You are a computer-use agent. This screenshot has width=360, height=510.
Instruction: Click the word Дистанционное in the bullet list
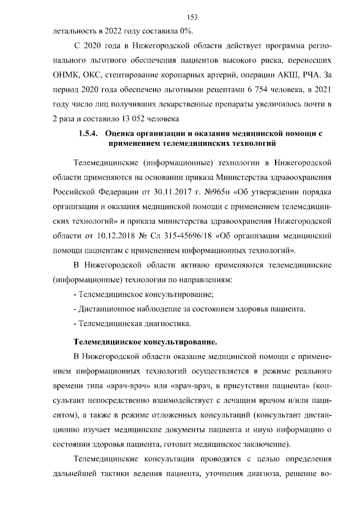coord(105,308)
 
